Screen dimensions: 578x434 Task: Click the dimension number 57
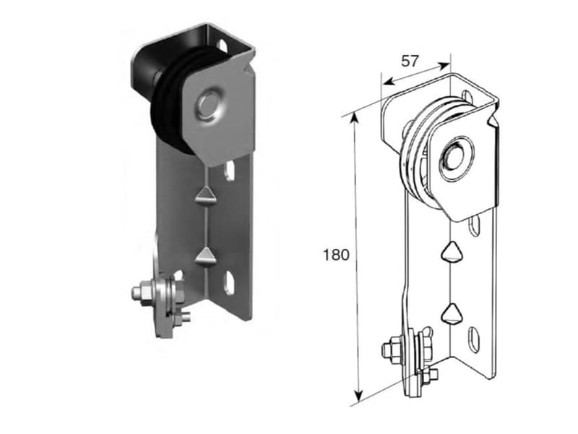(410, 61)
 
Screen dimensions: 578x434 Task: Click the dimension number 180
(336, 255)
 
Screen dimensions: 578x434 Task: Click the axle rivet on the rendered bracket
(209, 104)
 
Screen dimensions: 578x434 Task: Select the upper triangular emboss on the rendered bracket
(204, 195)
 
